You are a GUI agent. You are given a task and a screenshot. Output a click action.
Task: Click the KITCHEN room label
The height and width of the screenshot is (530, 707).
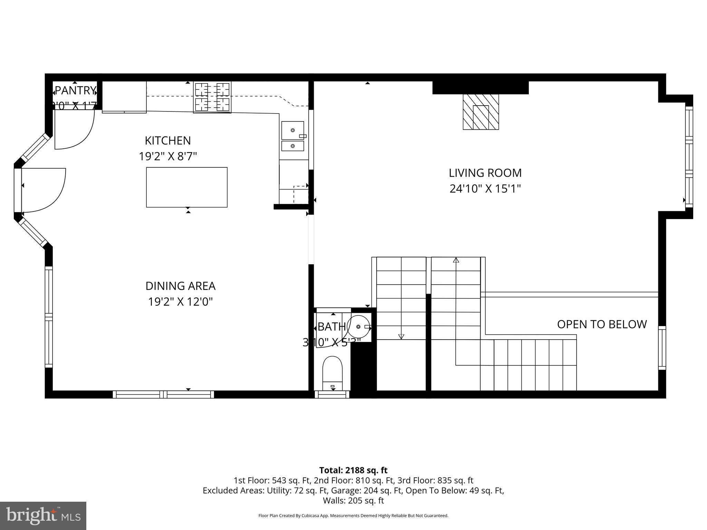167,141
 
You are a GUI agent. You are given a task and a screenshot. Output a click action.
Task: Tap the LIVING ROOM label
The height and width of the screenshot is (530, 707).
485,173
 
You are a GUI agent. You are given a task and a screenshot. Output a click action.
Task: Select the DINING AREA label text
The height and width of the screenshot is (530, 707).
180,286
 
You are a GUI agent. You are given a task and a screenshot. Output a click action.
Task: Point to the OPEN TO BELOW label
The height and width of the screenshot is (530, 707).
602,324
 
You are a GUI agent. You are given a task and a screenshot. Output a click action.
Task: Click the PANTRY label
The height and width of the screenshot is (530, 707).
75,90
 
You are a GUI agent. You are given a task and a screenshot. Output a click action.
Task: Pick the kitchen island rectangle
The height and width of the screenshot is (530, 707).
187,187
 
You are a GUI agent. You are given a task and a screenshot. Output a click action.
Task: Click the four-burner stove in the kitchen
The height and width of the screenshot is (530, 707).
212,97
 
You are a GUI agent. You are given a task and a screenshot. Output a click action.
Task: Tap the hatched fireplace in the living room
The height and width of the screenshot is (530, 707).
481,112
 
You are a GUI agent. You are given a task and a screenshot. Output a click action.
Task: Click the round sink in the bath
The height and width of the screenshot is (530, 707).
358,326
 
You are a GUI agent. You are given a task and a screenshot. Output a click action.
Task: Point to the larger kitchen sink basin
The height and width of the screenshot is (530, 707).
292,130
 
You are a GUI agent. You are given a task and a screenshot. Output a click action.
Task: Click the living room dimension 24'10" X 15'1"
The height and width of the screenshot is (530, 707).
485,189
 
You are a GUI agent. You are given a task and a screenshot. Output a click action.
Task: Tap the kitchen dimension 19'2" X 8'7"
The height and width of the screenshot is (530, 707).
167,157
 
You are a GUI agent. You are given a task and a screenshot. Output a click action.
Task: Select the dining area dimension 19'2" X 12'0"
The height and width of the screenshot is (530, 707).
180,302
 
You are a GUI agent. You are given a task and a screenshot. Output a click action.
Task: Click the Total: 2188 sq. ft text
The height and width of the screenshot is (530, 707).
353,470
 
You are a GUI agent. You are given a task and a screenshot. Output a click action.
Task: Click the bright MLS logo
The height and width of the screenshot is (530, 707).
43,516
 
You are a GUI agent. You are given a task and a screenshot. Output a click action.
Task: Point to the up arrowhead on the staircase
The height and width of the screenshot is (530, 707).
456,260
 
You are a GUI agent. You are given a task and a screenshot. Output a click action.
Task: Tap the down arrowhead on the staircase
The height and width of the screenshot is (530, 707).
401,336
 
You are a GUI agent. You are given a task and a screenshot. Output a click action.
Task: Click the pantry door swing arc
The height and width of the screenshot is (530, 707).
86,138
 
